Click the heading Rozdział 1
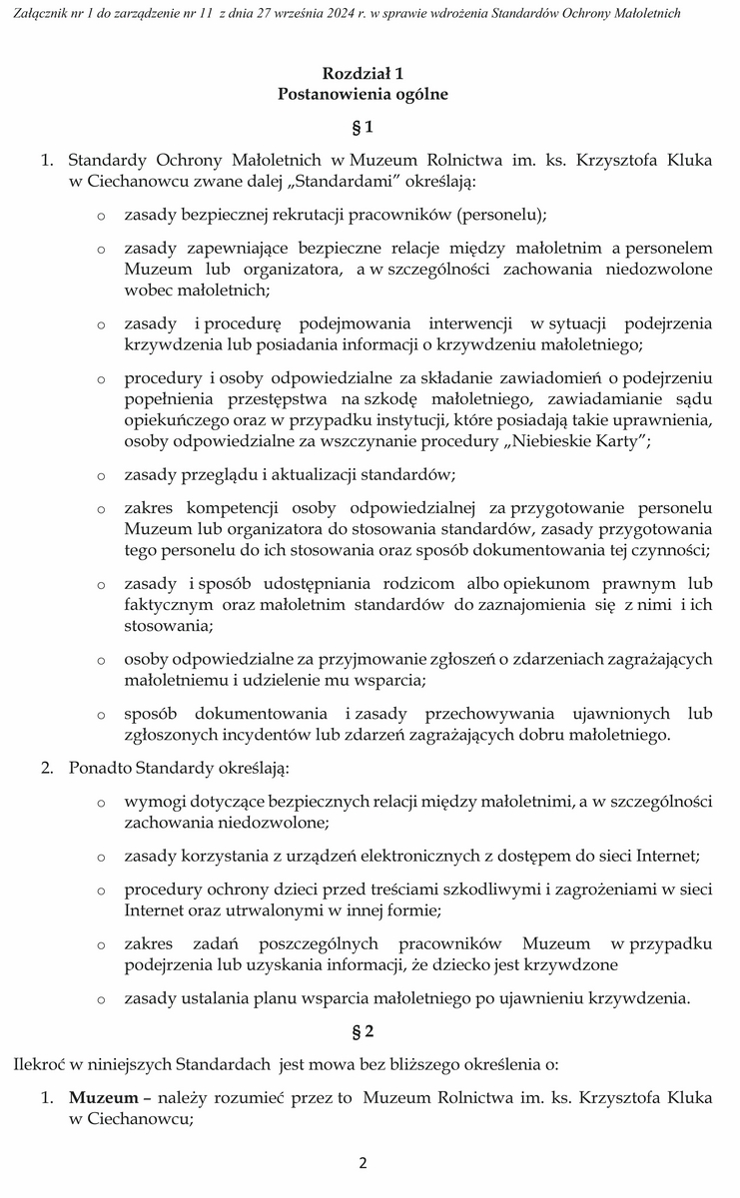[363, 74]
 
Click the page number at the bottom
[364, 1163]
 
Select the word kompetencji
[231, 509]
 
